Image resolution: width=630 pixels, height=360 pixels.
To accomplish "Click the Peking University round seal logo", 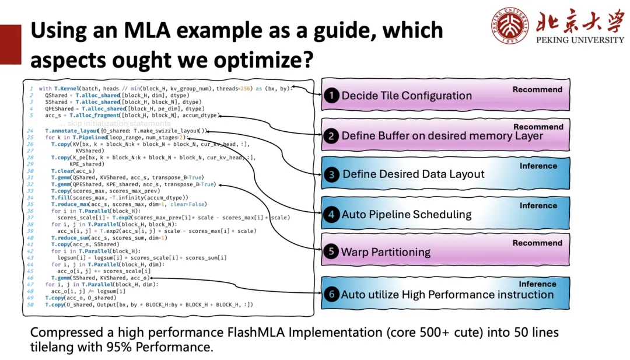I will [x=509, y=25].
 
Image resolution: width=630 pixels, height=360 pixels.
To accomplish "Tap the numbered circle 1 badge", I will [x=331, y=96].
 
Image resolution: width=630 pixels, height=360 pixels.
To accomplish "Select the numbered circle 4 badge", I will [x=331, y=214].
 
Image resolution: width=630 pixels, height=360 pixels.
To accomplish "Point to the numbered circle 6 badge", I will [x=331, y=294].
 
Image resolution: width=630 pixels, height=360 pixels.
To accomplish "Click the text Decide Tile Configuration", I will [x=407, y=96].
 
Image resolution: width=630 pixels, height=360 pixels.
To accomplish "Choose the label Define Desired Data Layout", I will [x=414, y=174].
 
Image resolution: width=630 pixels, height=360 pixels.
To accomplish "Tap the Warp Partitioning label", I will [x=386, y=253].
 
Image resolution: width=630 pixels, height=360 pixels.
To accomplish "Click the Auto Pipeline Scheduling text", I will [x=407, y=214].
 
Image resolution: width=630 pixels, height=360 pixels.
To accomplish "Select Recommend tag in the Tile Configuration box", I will [x=537, y=89].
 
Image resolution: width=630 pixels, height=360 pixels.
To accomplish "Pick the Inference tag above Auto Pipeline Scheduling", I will [x=538, y=205].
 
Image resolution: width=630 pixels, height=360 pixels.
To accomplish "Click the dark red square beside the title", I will [x=10, y=44].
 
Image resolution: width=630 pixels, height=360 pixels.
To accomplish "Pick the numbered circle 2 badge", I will [x=331, y=136].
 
